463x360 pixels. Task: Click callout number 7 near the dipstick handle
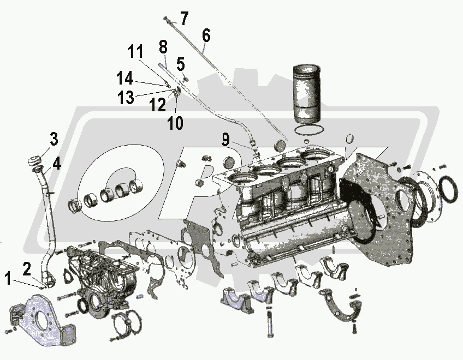[183, 19]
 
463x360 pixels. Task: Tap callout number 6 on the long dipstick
[206, 35]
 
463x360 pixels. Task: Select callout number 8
[163, 47]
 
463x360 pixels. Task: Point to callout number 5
[180, 64]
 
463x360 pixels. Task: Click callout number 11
[135, 51]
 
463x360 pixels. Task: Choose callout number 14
[125, 79]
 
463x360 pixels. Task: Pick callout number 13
[126, 97]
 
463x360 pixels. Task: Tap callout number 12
[157, 105]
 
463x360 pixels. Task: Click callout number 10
[175, 123]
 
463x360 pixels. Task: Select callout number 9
[225, 139]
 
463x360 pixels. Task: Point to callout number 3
[54, 139]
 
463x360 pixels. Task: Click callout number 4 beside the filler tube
[57, 163]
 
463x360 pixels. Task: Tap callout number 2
[27, 269]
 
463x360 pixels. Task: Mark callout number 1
[8, 278]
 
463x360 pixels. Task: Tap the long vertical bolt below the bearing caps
[270, 322]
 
